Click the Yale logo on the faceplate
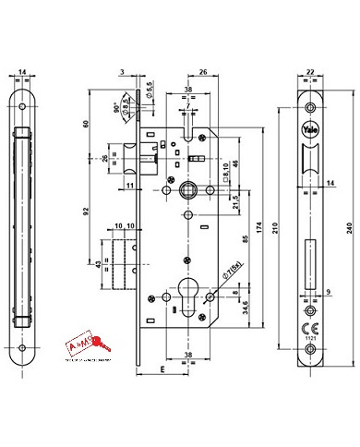pyautogui.click(x=311, y=129)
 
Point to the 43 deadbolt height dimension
pyautogui.click(x=101, y=266)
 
